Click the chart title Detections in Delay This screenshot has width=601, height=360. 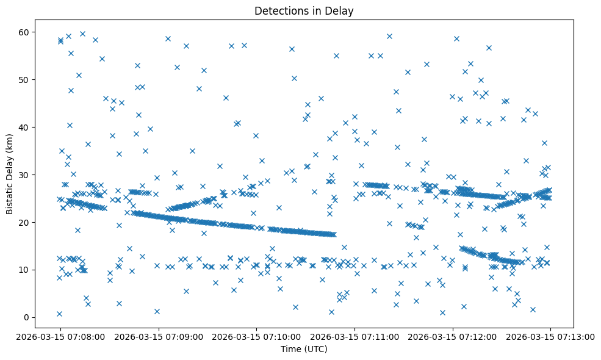[x=304, y=11]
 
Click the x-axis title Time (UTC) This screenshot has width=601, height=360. [x=304, y=349]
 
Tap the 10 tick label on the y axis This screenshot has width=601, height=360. [x=24, y=270]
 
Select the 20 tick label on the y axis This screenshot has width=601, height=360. [x=24, y=222]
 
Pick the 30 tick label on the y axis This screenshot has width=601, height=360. [x=24, y=175]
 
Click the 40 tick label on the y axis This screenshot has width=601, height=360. [x=24, y=127]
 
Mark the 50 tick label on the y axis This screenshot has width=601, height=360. [x=24, y=79]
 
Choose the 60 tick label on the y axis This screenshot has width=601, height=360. [x=24, y=32]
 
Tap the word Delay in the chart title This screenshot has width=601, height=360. [x=342, y=11]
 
